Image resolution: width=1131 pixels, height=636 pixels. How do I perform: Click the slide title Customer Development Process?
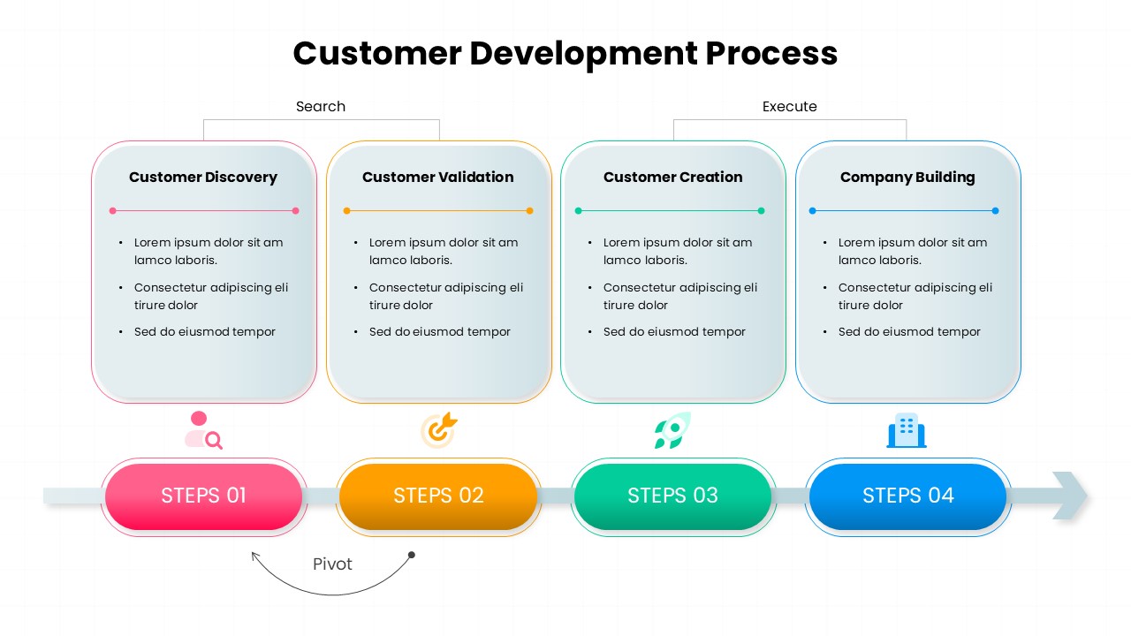565,53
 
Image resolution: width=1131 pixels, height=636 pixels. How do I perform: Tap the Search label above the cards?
320,106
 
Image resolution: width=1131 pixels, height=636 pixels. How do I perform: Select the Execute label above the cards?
789,106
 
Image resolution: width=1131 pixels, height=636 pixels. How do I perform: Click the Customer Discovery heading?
203,177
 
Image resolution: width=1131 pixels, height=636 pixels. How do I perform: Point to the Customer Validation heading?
437,177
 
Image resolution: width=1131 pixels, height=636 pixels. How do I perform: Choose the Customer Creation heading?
672,177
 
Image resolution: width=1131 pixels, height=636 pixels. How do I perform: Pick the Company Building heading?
907,177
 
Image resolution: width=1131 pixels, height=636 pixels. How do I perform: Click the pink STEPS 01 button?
203,496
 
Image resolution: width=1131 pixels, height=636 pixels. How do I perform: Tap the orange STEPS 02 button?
438,496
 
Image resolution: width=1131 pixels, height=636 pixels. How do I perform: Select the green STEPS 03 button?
672,496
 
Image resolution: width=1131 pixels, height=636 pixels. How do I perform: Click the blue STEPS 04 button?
907,496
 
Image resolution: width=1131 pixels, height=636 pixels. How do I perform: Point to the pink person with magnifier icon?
203,430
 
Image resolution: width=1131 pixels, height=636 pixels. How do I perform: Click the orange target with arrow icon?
438,430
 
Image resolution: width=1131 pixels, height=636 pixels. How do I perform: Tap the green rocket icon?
672,430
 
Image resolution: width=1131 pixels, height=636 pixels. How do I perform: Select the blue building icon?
907,430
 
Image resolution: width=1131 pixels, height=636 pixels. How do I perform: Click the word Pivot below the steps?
332,564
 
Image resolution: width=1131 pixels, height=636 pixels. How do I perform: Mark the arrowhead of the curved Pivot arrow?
254,555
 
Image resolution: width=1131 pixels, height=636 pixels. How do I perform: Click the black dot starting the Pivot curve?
411,555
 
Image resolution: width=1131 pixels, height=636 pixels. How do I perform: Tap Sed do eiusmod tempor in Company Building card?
909,331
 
